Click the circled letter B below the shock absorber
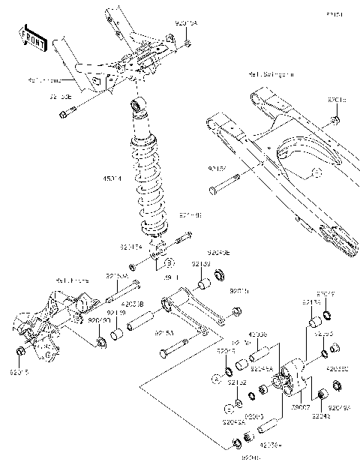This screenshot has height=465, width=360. pyautogui.click(x=170, y=263)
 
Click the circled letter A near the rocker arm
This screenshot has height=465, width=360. pyautogui.click(x=214, y=381)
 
